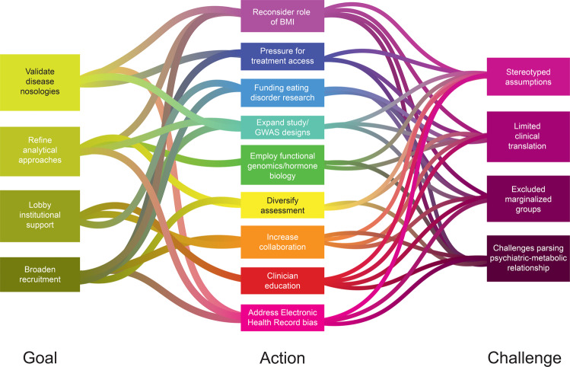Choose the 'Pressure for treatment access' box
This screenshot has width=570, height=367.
tap(282, 56)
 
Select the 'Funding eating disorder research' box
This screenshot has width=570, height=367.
tap(282, 92)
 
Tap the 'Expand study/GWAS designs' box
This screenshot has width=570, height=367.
tap(282, 126)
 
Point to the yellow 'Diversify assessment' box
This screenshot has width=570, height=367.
tap(282, 206)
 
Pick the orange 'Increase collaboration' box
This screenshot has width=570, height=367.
tap(282, 242)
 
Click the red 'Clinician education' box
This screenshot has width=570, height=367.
tap(282, 281)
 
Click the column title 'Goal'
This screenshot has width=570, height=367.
tap(40, 357)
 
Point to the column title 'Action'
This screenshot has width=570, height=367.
tap(282, 357)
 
